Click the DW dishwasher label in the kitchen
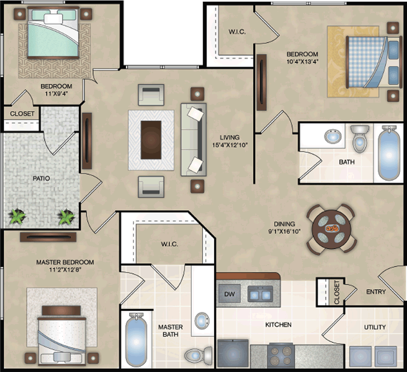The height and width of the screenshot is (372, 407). coord(229,294)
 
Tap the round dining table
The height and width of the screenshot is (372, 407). coord(331,229)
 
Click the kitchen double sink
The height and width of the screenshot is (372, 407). coord(260,294)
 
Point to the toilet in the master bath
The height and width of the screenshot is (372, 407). coord(199,354)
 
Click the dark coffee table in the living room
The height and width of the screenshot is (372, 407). coord(151,140)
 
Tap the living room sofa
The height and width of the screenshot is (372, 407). coord(194,139)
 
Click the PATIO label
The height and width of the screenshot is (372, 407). coord(41,179)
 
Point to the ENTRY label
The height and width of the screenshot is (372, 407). coord(376,292)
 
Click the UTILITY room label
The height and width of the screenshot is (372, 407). coord(375,327)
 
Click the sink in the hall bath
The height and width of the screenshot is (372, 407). coord(333,136)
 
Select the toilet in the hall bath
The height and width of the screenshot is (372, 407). coord(360,139)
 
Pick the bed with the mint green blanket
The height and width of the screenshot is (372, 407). coord(53,33)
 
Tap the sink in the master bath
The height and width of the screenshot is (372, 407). coord(202,321)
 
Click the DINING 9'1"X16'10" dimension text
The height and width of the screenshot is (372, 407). coord(284,228)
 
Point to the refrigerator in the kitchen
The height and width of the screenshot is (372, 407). coord(233,353)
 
